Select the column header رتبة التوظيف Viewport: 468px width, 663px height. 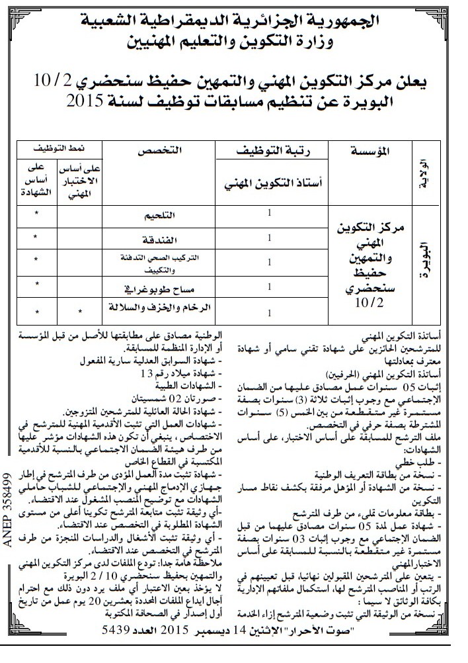pyautogui.click(x=269, y=152)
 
